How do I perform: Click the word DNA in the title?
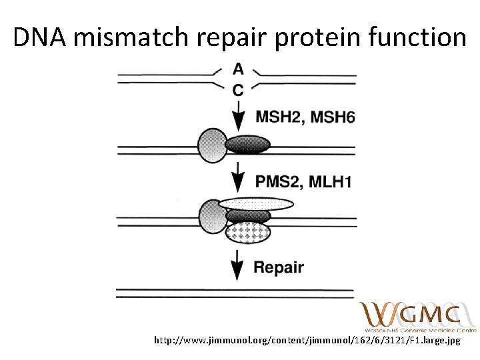(40, 38)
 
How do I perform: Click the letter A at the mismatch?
(238, 69)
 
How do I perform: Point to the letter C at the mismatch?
(238, 90)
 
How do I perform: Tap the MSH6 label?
(333, 117)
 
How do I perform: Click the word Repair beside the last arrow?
(279, 268)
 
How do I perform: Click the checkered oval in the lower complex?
(248, 232)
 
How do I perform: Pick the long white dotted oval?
(257, 203)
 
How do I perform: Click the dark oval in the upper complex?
(247, 145)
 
